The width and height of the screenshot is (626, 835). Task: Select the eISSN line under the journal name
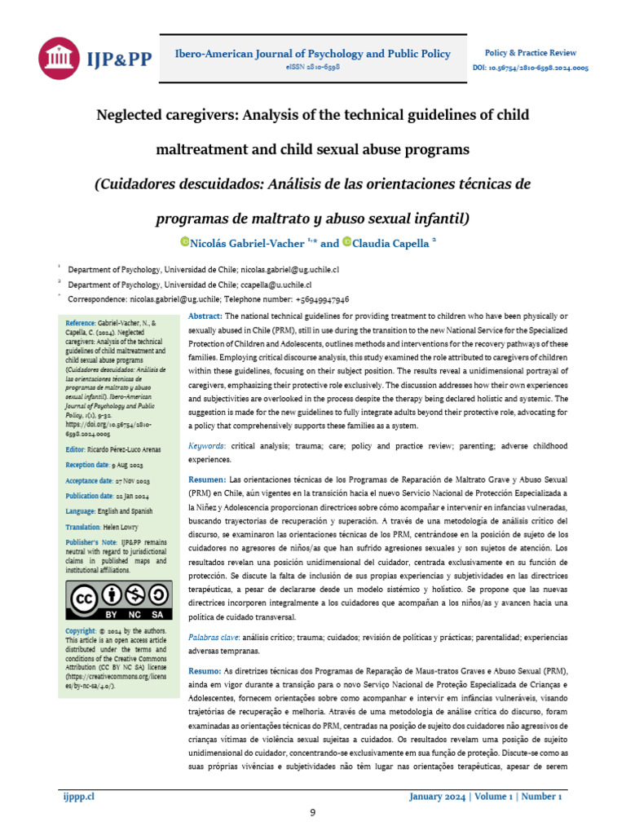coord(313,66)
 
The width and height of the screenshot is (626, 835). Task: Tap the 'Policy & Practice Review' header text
coord(525,51)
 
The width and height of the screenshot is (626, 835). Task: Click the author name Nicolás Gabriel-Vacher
coord(248,243)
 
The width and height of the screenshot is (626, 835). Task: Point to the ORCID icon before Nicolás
coord(185,241)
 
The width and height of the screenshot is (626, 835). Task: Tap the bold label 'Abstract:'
coord(205,316)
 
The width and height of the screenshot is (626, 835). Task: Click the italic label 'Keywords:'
coord(207,447)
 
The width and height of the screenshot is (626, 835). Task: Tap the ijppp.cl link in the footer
coord(79,796)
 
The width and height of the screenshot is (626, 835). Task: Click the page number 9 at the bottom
coord(313,812)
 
